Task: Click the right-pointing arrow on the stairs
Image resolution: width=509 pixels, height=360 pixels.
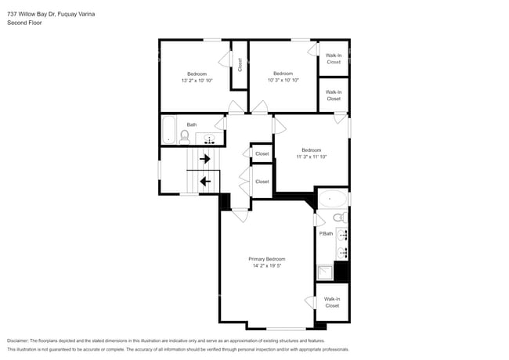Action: click(205, 159)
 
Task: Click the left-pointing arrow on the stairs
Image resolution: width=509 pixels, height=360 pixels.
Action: click(205, 182)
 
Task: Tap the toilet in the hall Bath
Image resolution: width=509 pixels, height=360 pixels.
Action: click(185, 137)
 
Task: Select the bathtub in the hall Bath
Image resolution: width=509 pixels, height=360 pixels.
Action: click(168, 130)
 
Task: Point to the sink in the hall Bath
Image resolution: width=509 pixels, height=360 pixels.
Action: click(209, 139)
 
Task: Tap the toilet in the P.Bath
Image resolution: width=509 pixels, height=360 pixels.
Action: click(338, 218)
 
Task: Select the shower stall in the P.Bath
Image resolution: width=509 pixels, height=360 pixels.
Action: click(324, 272)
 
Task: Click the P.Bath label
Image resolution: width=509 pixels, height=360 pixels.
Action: click(326, 233)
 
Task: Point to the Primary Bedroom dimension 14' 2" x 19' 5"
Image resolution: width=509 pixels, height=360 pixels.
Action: click(267, 266)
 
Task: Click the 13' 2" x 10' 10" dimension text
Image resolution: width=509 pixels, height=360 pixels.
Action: click(197, 81)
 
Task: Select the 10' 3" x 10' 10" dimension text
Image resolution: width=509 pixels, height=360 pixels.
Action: click(283, 81)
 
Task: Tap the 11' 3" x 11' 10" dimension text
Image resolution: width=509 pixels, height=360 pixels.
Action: click(311, 157)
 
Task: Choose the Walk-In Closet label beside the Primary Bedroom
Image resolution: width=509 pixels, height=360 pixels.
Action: click(332, 302)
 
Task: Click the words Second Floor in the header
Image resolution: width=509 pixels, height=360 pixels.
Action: click(25, 23)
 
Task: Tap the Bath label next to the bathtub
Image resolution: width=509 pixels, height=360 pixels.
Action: click(191, 124)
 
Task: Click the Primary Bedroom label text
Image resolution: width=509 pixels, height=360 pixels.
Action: click(267, 258)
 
